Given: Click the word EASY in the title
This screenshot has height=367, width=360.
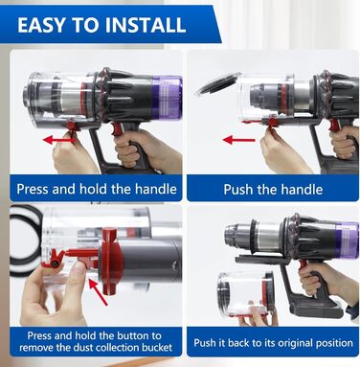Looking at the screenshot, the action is [x=41, y=25].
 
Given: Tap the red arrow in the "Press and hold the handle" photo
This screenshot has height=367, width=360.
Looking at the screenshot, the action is [x=59, y=140].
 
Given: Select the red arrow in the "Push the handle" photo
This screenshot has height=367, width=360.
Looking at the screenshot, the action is [x=239, y=140].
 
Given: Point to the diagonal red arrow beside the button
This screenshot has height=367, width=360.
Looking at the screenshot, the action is [x=98, y=292].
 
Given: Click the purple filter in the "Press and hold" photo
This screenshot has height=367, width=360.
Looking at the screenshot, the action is [x=167, y=97].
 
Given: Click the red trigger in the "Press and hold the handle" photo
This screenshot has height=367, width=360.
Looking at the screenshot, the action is [x=117, y=129].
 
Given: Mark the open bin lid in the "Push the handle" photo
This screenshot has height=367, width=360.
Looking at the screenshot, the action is [x=218, y=83].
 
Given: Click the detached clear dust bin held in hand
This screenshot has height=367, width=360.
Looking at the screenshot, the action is [x=246, y=293].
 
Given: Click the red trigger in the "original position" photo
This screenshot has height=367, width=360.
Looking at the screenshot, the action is [x=303, y=265].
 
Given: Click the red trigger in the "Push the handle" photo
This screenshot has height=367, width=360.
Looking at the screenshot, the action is [x=334, y=126].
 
